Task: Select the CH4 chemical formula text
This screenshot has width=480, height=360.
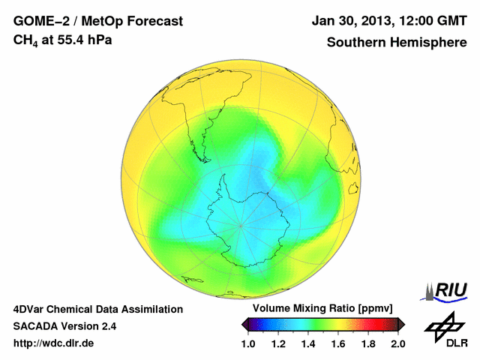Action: coord(27,40)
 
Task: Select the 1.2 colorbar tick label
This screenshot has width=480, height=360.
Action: coord(278,343)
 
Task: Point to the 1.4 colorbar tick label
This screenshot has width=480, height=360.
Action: coord(308,343)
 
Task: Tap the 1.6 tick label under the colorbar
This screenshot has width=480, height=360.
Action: coord(338,343)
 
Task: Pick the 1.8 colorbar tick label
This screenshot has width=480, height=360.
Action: coord(368,343)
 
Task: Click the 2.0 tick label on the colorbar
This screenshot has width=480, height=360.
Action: coord(397,343)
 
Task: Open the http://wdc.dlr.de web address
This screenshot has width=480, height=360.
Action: coord(54,343)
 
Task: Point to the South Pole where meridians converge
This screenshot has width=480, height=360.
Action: coord(240,224)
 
